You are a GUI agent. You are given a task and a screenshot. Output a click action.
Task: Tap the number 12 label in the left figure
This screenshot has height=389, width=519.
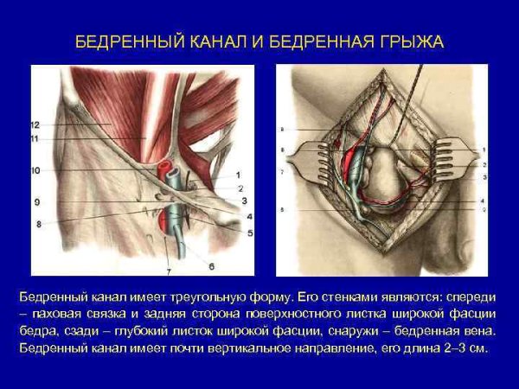pyautogui.click(x=35, y=125)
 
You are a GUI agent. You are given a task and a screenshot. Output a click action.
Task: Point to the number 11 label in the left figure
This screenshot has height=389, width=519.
pyautogui.click(x=35, y=138)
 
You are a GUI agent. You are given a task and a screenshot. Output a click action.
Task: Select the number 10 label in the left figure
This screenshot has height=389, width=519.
pyautogui.click(x=35, y=171)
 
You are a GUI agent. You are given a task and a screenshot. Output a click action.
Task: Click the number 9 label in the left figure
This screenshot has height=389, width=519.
pyautogui.click(x=38, y=202)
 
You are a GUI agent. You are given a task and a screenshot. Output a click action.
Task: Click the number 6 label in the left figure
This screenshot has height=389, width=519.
pyautogui.click(x=210, y=266)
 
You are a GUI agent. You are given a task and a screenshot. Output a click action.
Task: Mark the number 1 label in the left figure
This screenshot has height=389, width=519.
pyautogui.click(x=238, y=175)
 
